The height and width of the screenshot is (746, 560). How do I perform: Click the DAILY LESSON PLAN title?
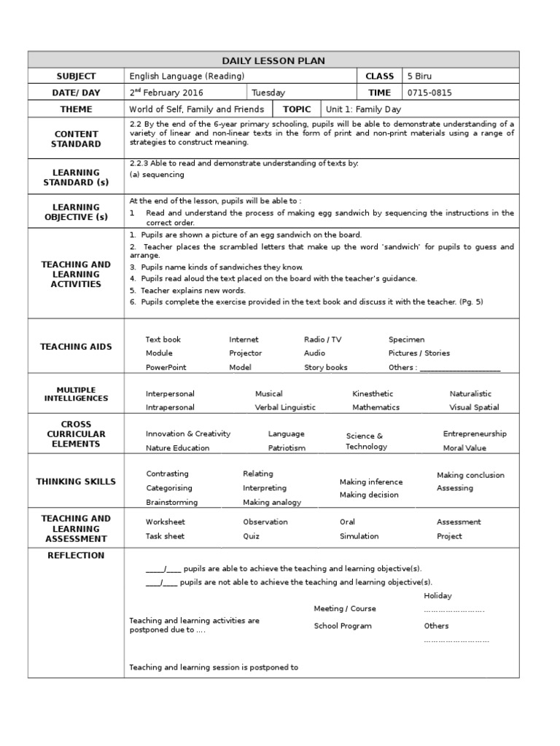[x=273, y=60]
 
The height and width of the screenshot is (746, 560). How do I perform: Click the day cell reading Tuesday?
[x=268, y=93]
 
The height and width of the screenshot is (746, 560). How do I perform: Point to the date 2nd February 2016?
[x=166, y=93]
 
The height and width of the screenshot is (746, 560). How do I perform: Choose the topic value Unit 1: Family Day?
[x=364, y=109]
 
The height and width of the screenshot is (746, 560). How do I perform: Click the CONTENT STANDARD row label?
[x=76, y=138]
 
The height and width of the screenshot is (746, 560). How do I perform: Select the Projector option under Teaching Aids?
[x=245, y=353]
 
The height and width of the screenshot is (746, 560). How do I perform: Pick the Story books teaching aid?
[x=326, y=368]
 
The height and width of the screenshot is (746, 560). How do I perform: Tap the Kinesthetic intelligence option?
[x=373, y=394]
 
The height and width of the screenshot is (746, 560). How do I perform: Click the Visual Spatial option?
[x=474, y=408]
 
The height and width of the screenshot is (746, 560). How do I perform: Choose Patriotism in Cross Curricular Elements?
[x=287, y=448]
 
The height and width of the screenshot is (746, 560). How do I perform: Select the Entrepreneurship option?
[x=475, y=434]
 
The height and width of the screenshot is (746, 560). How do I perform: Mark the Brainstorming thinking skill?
[x=171, y=503]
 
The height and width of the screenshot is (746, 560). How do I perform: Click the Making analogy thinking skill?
[x=272, y=503]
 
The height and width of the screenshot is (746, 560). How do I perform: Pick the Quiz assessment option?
[x=251, y=536]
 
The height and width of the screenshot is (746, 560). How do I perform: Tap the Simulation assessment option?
[x=359, y=536]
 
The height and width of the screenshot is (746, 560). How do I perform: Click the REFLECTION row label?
[x=76, y=555]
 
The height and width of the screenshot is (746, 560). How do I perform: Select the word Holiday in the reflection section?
[x=437, y=596]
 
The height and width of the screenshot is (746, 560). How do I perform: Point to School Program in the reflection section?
[x=343, y=626]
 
